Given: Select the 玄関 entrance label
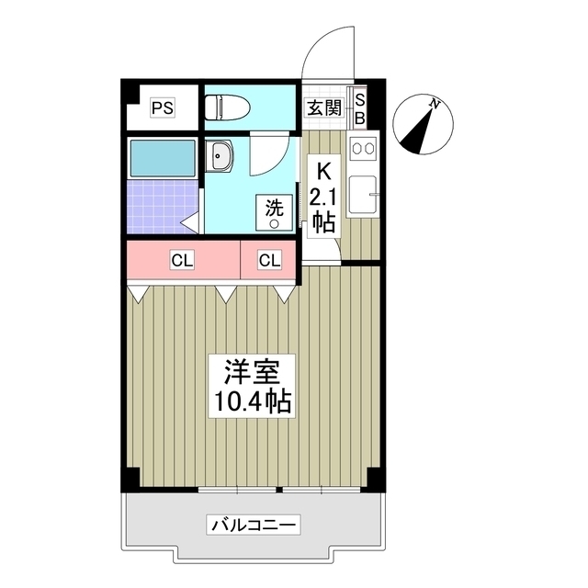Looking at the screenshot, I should (324, 107).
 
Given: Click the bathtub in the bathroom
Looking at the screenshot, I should (163, 158).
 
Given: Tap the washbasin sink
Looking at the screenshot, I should (220, 158).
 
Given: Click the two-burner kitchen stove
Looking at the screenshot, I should (362, 148).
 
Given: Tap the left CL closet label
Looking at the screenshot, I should (182, 261).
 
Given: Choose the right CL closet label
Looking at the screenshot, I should (269, 261).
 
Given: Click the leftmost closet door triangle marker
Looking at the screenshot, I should (139, 293).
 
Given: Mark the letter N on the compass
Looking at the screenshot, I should (436, 104).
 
